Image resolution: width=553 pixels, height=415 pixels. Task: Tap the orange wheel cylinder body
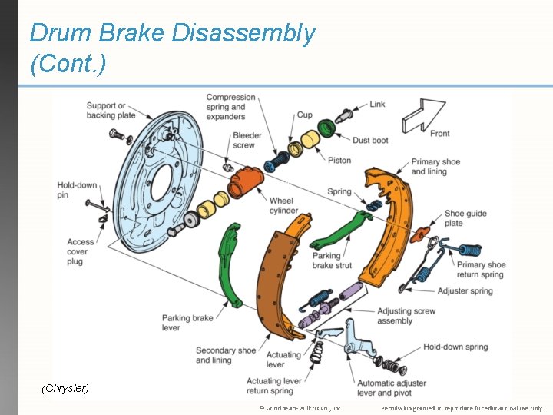[246, 183]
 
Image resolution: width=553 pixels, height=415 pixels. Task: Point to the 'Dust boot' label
[370, 141]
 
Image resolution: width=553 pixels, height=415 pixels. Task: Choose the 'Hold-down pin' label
[75, 191]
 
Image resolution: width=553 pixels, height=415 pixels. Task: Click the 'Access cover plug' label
[80, 251]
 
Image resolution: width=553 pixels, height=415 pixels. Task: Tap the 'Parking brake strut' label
[332, 261]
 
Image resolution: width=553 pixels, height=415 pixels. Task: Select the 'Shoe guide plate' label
[465, 218]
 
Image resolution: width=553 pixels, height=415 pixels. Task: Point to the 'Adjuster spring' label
[465, 291]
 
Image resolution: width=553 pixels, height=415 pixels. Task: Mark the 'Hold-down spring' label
[455, 347]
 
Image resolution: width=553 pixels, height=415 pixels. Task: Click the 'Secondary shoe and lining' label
[225, 355]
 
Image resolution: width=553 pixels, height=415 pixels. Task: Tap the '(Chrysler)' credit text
[65, 388]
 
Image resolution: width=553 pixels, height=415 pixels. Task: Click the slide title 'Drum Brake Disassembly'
[172, 33]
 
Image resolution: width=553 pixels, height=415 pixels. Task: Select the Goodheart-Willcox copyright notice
[300, 408]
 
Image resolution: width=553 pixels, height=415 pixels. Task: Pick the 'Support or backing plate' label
[111, 110]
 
